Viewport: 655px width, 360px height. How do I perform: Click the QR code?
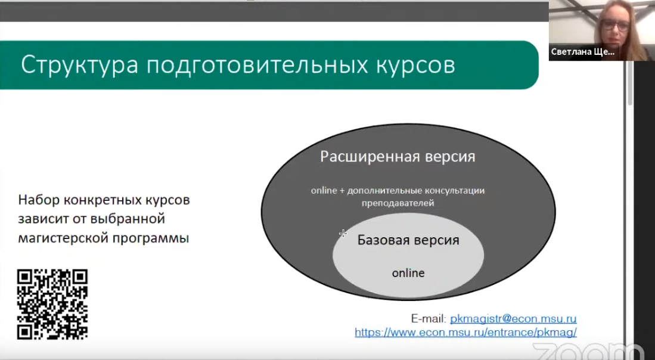(52, 304)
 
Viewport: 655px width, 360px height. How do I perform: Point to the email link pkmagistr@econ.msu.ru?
(513, 319)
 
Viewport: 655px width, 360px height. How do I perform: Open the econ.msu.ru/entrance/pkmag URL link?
(465, 333)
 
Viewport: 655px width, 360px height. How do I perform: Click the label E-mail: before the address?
(429, 319)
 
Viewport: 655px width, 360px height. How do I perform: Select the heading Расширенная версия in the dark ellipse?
(398, 157)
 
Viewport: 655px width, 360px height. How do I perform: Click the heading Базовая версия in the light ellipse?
(408, 240)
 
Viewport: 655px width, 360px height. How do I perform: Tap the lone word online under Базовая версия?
(408, 273)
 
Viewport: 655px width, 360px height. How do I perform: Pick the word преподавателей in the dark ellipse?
(398, 203)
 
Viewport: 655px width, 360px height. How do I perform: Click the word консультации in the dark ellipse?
(455, 191)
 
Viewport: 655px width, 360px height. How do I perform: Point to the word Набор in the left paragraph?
(39, 200)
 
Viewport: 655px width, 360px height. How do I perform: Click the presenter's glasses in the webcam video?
(614, 24)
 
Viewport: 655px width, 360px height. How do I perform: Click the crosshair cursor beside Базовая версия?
(343, 234)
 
